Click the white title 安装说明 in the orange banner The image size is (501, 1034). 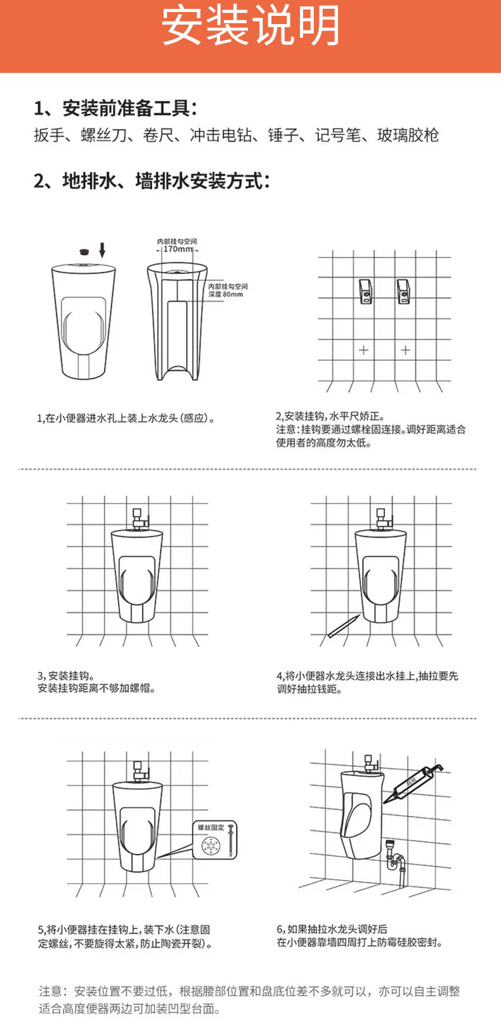point(251,27)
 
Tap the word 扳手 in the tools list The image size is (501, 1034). point(49,135)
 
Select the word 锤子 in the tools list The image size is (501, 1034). point(283,135)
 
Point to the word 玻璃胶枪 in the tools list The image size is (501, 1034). point(408,135)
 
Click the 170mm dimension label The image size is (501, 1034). point(178,249)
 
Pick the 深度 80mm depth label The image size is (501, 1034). point(226,294)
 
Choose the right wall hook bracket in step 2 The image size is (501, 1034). point(405,291)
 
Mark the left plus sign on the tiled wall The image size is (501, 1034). point(363,350)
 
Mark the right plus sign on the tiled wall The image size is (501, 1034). point(405,350)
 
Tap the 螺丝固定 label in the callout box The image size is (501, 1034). point(210,827)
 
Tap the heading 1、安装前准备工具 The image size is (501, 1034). point(115,108)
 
